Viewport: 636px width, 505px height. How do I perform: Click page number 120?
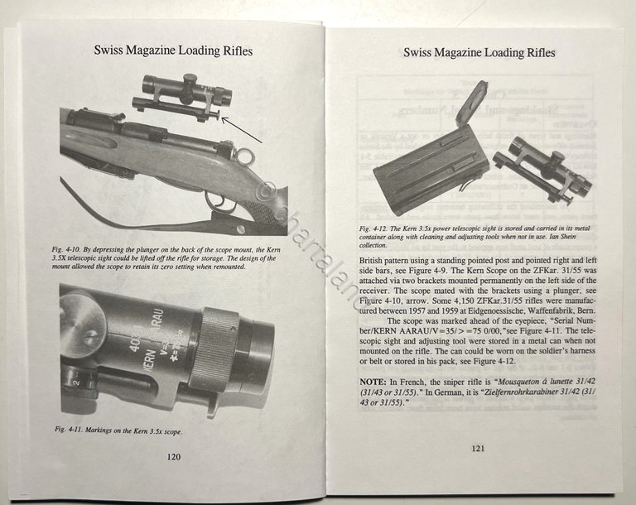click(173, 456)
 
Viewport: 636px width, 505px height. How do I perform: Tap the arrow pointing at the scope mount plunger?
click(245, 128)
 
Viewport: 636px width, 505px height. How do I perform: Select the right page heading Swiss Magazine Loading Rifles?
click(479, 52)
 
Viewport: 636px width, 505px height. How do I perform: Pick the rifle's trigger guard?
click(217, 201)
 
